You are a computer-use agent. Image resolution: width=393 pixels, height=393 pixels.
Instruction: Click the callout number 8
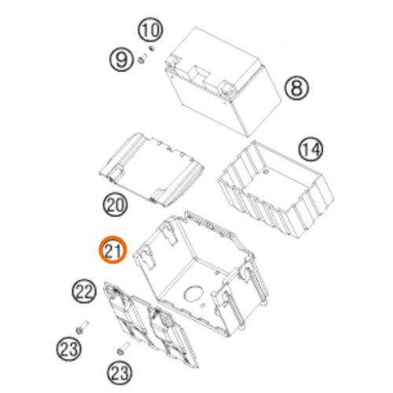click(296, 88)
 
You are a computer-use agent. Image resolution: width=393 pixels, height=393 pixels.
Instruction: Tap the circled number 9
click(121, 60)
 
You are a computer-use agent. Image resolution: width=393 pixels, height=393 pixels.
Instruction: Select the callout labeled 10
click(150, 31)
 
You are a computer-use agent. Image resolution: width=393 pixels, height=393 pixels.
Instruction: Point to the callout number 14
click(310, 149)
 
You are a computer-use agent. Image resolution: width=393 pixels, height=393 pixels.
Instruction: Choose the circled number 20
click(115, 204)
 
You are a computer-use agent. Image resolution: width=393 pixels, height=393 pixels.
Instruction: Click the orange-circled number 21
click(112, 250)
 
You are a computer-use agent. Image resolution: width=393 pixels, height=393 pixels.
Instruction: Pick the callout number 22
click(84, 291)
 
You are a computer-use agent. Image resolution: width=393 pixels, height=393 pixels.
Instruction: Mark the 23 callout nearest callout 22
click(68, 348)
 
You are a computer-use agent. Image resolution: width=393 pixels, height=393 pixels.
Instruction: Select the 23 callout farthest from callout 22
click(119, 373)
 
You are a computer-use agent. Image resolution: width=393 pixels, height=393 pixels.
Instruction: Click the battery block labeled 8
click(223, 81)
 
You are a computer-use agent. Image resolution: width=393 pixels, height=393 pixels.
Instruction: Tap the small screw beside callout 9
click(142, 59)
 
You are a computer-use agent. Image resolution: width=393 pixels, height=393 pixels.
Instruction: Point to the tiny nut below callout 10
click(151, 48)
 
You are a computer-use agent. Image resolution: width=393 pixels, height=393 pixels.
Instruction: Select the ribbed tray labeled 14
click(276, 189)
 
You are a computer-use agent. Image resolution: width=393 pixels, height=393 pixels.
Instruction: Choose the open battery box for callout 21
click(201, 273)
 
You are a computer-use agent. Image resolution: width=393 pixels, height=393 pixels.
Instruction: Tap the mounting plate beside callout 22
click(151, 325)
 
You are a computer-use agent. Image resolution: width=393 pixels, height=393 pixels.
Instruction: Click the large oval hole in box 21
click(193, 293)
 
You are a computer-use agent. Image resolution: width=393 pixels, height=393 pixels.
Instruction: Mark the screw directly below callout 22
click(82, 328)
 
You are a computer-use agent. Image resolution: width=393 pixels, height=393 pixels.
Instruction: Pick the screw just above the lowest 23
click(123, 348)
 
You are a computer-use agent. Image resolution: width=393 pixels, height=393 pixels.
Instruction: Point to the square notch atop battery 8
click(198, 72)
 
